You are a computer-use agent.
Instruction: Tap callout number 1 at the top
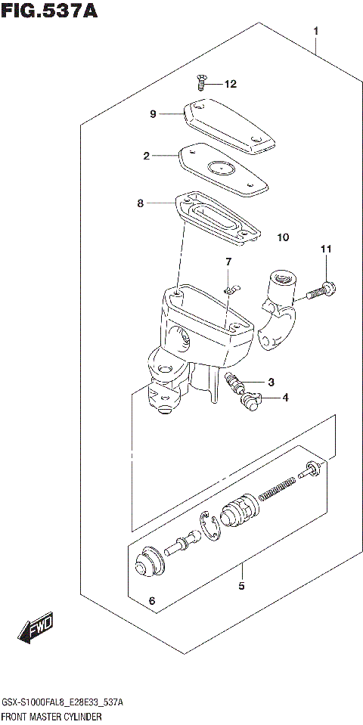(x=316, y=31)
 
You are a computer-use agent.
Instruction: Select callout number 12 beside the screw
(x=230, y=84)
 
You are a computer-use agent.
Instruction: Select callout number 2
(x=147, y=156)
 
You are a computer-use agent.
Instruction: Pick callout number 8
(x=140, y=203)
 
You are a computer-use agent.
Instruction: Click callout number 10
(x=283, y=237)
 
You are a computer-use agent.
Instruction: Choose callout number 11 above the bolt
(x=325, y=249)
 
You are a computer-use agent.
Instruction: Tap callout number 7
(x=226, y=262)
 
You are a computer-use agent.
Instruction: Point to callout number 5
(x=240, y=585)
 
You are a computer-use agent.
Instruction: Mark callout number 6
(x=151, y=601)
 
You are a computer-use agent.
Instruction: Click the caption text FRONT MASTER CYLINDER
(x=51, y=715)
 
